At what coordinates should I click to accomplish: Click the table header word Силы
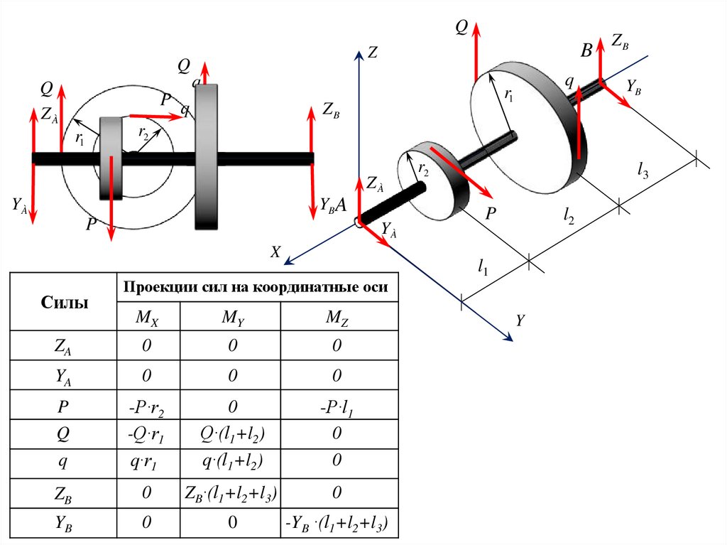pyautogui.click(x=62, y=303)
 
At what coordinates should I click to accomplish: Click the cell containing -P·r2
pyautogui.click(x=148, y=405)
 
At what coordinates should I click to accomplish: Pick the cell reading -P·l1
pyautogui.click(x=337, y=405)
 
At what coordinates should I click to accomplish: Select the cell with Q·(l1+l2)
pyautogui.click(x=230, y=434)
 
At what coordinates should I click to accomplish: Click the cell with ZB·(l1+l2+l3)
pyautogui.click(x=230, y=492)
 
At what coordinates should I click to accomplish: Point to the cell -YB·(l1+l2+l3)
pyautogui.click(x=337, y=524)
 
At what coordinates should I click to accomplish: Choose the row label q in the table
pyautogui.click(x=62, y=463)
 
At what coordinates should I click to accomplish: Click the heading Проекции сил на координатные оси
pyautogui.click(x=256, y=287)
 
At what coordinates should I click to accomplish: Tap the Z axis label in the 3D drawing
pyautogui.click(x=372, y=52)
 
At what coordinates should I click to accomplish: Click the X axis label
pyautogui.click(x=276, y=251)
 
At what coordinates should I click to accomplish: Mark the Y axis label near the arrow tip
pyautogui.click(x=520, y=320)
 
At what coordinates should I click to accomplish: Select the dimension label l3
pyautogui.click(x=643, y=170)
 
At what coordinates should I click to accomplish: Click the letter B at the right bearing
pyautogui.click(x=586, y=50)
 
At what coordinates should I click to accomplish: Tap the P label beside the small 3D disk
pyautogui.click(x=491, y=213)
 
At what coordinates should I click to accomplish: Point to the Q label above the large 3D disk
pyautogui.click(x=461, y=28)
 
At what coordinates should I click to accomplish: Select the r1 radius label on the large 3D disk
pyautogui.click(x=509, y=93)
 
